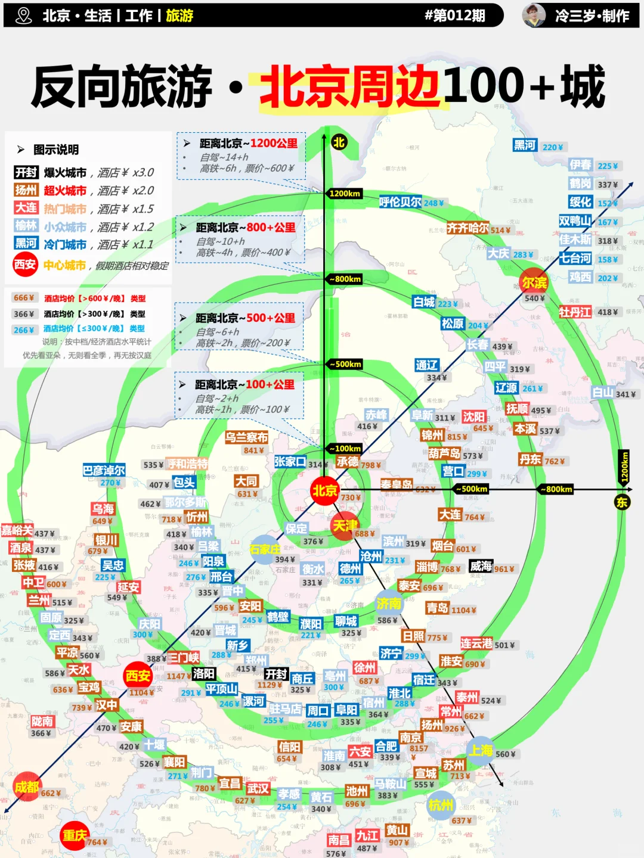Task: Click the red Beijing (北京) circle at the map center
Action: (x=325, y=491)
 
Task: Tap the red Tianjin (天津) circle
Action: (x=345, y=526)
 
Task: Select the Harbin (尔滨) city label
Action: (x=534, y=282)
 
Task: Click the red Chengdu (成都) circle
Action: (x=27, y=787)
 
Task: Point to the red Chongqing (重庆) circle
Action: (x=75, y=835)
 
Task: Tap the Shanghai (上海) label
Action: (x=481, y=751)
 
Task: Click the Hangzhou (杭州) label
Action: (x=441, y=806)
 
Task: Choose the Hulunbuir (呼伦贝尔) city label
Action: (x=400, y=202)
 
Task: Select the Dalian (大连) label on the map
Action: (x=450, y=515)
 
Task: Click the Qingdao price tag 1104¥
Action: (x=464, y=610)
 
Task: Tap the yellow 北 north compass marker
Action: (x=339, y=142)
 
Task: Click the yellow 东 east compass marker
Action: (x=622, y=502)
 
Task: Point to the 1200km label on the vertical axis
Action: (x=345, y=193)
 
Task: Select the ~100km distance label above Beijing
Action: (x=345, y=449)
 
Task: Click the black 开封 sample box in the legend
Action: (x=26, y=172)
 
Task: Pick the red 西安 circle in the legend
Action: (x=25, y=265)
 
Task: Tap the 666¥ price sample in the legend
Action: (x=24, y=298)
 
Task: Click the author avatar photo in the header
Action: (x=534, y=15)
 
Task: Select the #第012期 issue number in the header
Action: (x=454, y=15)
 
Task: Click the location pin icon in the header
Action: (x=23, y=15)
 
